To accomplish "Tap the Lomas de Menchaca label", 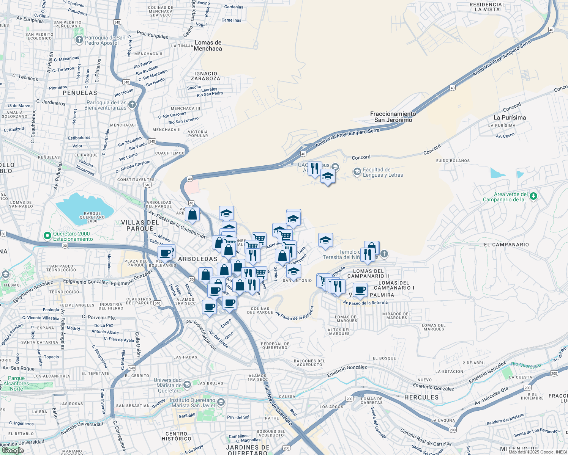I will (208, 45).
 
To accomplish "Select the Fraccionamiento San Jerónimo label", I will (393, 117).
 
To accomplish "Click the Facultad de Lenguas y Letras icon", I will (357, 172).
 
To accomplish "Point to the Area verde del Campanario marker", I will (533, 196).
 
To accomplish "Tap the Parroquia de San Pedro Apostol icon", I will (79, 40).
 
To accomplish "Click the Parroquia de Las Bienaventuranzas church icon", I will (132, 105).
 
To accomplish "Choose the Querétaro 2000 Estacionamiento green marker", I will (47, 236).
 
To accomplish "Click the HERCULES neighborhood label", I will (421, 397).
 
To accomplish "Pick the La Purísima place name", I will (510, 118).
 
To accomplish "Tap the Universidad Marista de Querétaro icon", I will (187, 385).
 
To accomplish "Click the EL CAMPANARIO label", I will (506, 245).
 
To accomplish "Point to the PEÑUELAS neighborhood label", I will (80, 93).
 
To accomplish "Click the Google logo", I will (12, 450).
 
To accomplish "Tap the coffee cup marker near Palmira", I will (360, 291).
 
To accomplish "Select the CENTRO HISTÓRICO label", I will (178, 436).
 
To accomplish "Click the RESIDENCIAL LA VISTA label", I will (487, 7).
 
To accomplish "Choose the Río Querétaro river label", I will (526, 366).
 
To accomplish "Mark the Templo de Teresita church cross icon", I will (384, 254).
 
